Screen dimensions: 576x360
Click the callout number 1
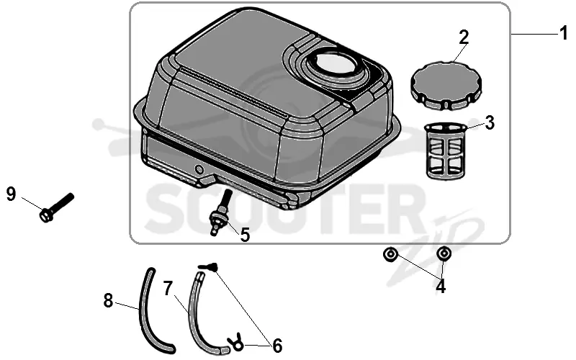click(x=564, y=33)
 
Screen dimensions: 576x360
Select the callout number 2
click(x=464, y=37)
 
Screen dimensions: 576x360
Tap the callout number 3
click(x=490, y=123)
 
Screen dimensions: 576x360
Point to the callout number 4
click(x=441, y=286)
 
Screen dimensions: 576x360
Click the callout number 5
click(x=245, y=235)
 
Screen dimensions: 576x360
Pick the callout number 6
click(x=277, y=346)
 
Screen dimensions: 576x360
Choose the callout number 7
click(x=168, y=289)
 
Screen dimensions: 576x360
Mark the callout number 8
click(x=108, y=301)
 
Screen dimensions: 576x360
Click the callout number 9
click(x=12, y=194)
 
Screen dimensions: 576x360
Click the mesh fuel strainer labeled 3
click(x=446, y=150)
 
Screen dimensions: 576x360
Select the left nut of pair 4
click(x=390, y=254)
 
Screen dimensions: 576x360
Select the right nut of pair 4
click(x=444, y=254)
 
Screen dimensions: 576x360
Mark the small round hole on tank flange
click(x=199, y=169)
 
